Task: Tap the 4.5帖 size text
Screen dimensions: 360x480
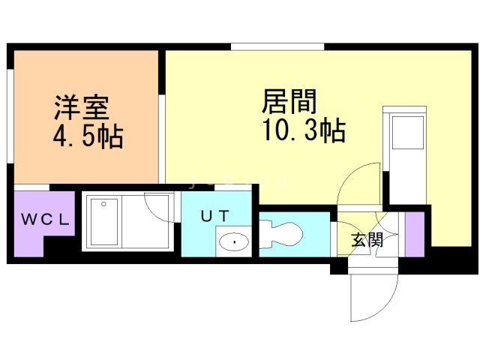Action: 88,138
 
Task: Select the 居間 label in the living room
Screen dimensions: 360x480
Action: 288,102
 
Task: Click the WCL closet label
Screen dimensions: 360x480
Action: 45,220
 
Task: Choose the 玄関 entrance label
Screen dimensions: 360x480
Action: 367,241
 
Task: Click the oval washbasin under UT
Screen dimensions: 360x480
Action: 235,241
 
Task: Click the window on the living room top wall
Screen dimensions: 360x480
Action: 277,47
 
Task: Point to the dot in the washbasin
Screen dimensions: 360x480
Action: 235,241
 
